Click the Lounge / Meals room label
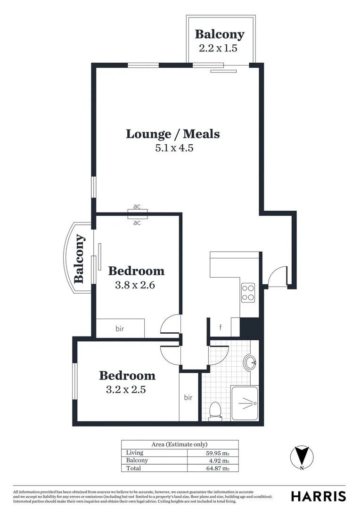coord(172,134)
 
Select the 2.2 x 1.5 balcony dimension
coord(220,48)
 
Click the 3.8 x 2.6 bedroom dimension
coord(136,285)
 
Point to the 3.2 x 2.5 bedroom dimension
coord(127,390)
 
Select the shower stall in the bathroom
coord(245,403)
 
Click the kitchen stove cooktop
coord(248,292)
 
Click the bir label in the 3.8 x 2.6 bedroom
coord(120,328)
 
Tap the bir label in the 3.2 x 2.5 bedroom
coord(188,397)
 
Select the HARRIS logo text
coord(318,496)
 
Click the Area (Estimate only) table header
coord(180,444)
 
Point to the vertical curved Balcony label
coord(79,258)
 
